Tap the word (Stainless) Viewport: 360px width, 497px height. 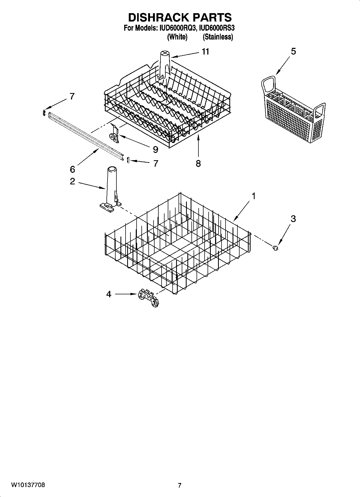(218, 37)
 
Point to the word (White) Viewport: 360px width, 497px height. (177, 37)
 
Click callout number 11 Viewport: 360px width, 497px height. (205, 52)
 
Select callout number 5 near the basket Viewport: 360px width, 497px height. (293, 51)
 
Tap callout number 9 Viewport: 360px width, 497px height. (155, 150)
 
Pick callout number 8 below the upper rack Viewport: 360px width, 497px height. (198, 163)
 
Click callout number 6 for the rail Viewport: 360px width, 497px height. (72, 169)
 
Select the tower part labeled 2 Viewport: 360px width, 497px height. (111, 188)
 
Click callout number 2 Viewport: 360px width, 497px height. (72, 181)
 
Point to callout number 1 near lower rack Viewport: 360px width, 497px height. (253, 196)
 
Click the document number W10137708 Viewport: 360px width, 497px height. (28, 485)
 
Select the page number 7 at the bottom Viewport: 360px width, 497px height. (180, 485)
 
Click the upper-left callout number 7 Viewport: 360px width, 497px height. (72, 96)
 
